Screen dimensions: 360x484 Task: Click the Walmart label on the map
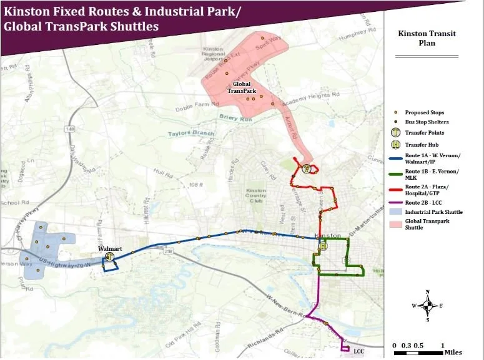coord(109,248)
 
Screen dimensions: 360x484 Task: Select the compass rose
coord(427,306)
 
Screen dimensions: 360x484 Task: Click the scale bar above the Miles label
coord(418,353)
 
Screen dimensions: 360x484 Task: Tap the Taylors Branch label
coord(194,134)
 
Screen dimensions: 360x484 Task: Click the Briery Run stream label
coord(233,117)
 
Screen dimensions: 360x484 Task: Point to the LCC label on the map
coord(358,351)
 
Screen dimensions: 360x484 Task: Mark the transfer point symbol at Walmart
coord(109,256)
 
